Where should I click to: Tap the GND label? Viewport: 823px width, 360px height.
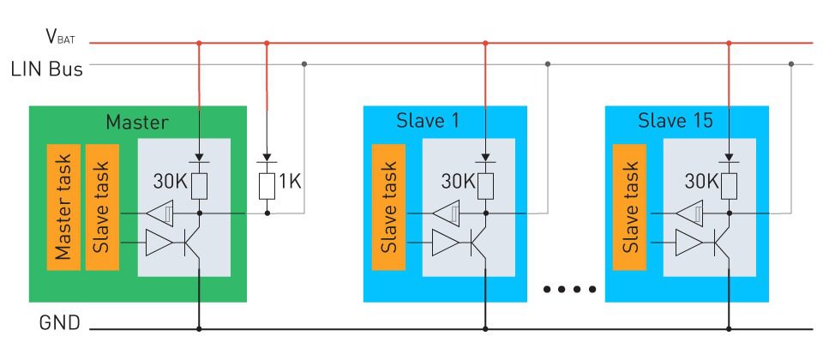point(60,324)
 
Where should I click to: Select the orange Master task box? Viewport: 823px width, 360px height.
point(64,207)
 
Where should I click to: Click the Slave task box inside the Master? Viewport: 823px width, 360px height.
point(102,207)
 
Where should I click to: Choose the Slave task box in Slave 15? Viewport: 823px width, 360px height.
point(631,207)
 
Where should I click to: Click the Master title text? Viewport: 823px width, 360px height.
point(137,122)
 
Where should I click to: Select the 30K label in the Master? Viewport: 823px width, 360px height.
point(171,182)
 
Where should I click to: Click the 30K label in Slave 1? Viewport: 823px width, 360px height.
point(457,182)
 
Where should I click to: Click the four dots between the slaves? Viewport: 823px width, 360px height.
point(568,289)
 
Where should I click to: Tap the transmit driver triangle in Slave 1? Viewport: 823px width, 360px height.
point(445,243)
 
